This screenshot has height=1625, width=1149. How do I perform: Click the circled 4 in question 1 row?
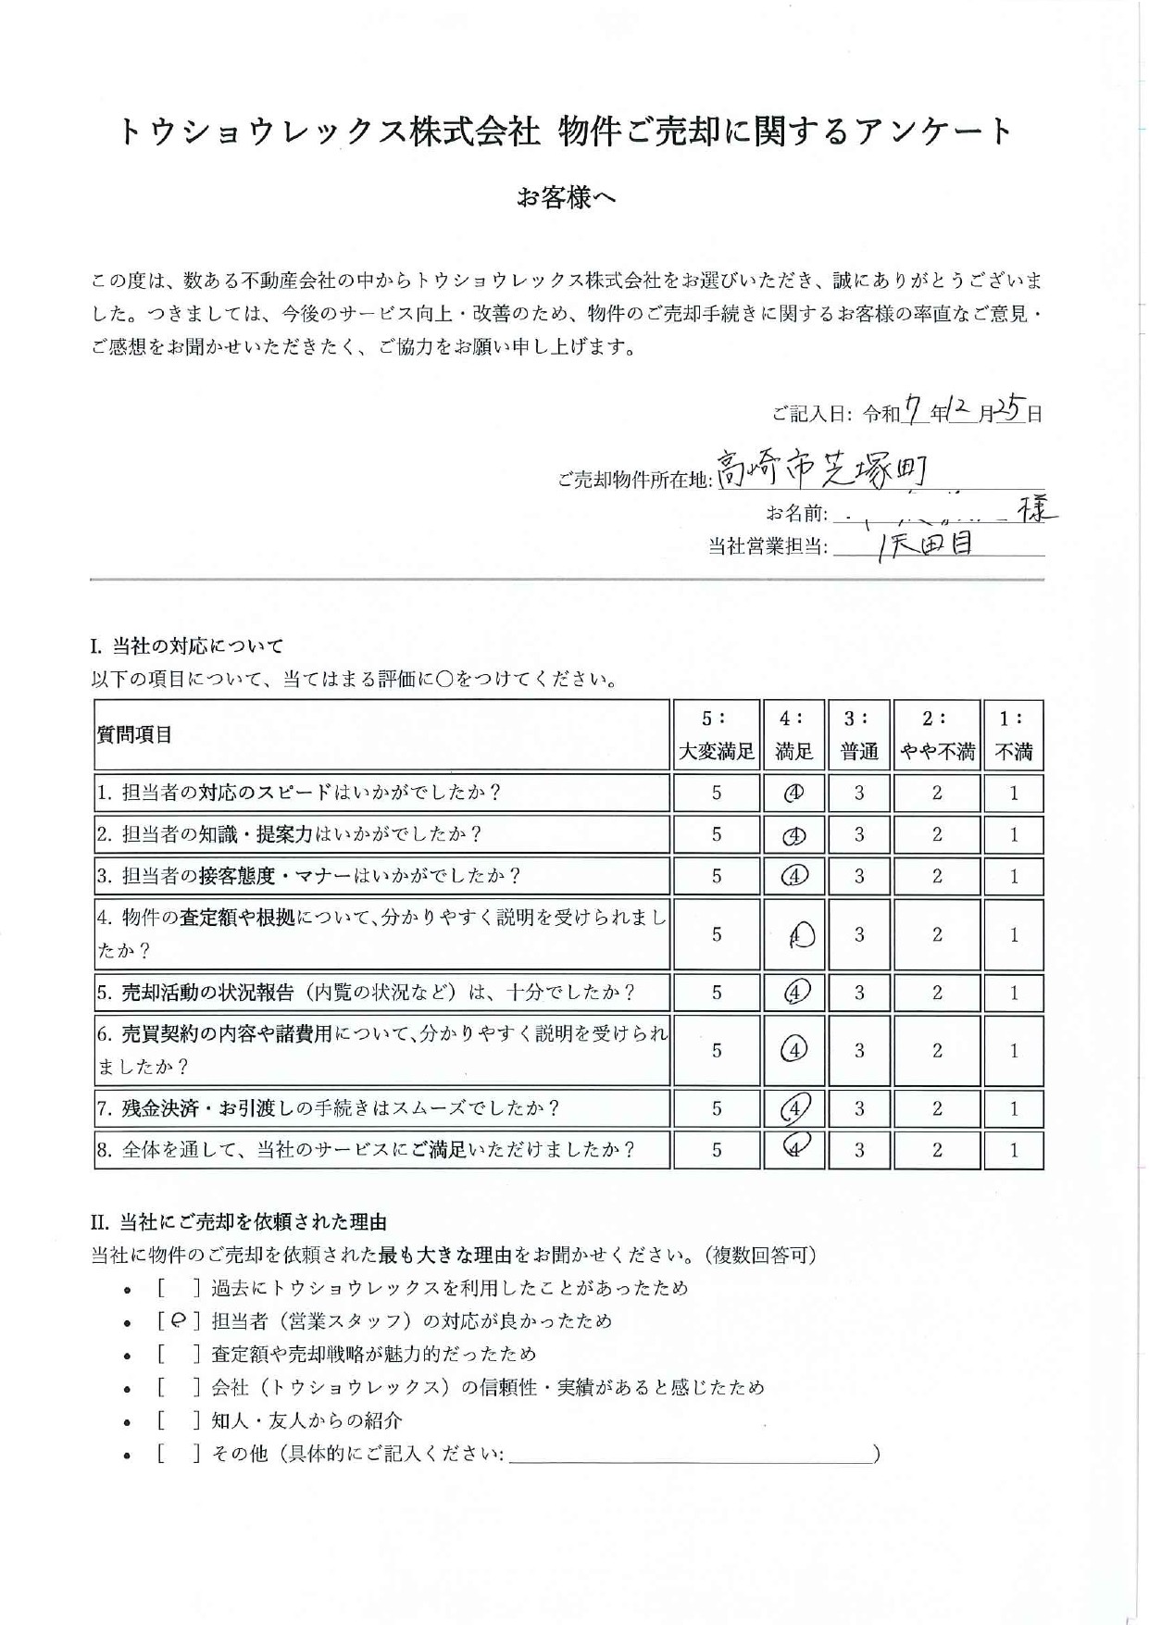point(793,794)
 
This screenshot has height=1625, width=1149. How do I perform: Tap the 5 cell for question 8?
point(716,1150)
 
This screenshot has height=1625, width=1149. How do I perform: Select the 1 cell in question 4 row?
point(1014,934)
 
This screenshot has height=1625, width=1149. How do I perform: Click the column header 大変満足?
point(716,751)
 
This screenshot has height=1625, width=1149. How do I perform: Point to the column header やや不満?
point(937,751)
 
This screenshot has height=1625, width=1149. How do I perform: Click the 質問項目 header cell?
point(135,735)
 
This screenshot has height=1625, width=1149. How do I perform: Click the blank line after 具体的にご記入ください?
point(690,1456)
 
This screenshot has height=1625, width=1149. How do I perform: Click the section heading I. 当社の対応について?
point(186,646)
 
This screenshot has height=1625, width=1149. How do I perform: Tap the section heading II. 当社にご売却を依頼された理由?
point(238,1223)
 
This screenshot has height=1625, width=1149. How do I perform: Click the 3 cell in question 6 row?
point(859,1050)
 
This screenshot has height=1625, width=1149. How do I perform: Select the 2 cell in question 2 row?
point(937,834)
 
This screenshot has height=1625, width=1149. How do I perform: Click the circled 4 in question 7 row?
point(795,1107)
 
